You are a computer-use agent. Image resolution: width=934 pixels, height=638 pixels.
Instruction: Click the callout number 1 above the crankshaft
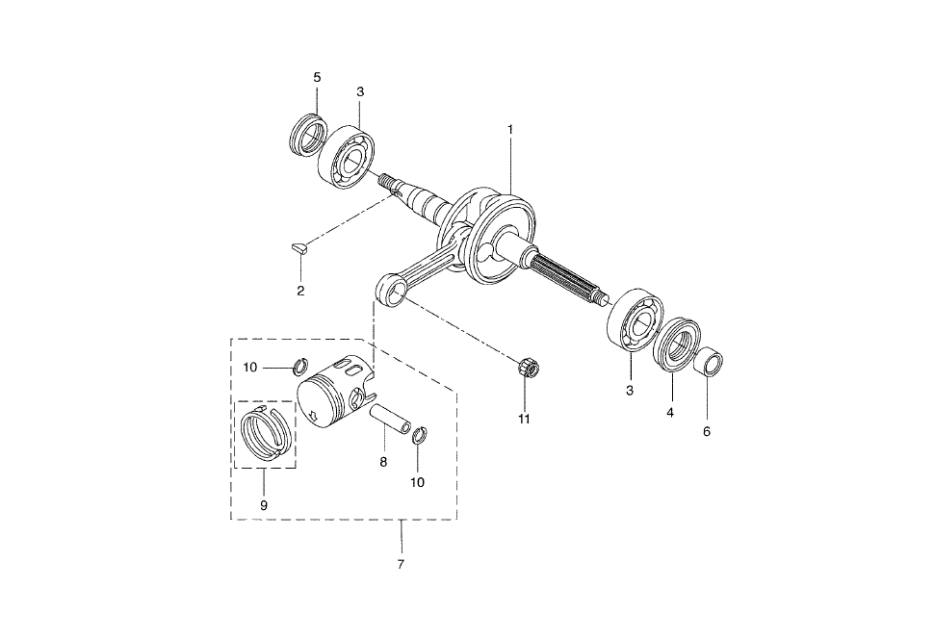tap(510, 129)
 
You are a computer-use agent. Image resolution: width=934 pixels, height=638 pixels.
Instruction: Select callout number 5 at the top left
tap(317, 77)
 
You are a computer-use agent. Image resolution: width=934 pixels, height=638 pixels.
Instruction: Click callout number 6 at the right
tap(707, 431)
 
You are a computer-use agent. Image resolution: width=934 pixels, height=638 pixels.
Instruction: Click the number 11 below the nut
tap(524, 419)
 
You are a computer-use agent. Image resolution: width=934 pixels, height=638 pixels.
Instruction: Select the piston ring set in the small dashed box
tap(264, 432)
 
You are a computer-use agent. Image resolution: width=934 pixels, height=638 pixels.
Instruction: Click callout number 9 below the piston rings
tap(264, 505)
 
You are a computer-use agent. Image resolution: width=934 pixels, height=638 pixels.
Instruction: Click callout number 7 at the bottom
tap(401, 564)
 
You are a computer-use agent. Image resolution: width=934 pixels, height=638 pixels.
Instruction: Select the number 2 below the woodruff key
tap(300, 291)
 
